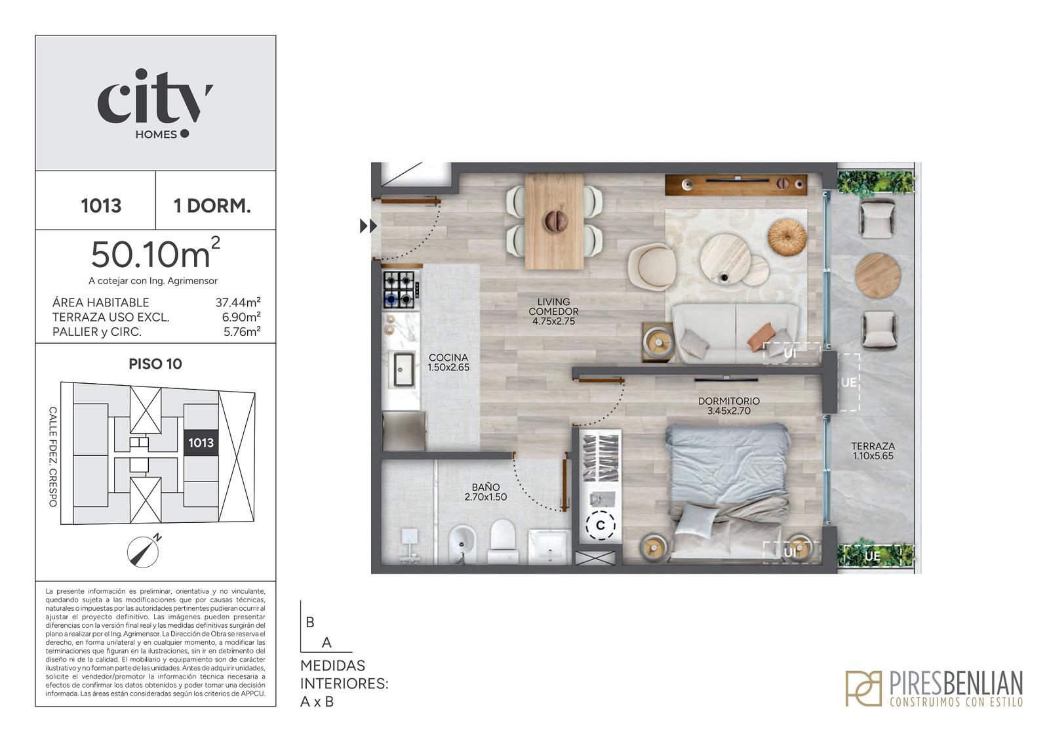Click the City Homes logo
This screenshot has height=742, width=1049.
tap(155, 104)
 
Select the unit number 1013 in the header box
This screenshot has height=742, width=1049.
tap(101, 206)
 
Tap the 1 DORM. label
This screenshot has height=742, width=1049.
tap(212, 206)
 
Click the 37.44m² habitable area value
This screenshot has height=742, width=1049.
tap(238, 302)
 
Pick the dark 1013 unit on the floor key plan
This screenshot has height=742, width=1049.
tap(201, 442)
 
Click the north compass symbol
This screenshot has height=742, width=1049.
tap(144, 550)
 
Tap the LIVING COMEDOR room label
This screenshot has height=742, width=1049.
tap(553, 312)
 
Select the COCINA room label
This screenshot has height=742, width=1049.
tap(448, 362)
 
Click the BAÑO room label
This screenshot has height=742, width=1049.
tap(486, 492)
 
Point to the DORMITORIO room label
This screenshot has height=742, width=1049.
tap(728, 406)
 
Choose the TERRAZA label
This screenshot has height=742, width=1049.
tap(873, 451)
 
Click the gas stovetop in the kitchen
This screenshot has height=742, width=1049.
tap(399, 289)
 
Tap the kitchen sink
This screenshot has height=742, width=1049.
tap(403, 369)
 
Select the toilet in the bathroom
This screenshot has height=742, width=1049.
tap(502, 539)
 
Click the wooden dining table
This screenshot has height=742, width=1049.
tap(555, 221)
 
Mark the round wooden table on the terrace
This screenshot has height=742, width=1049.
tap(878, 276)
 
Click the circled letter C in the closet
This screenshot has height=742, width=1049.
tap(601, 526)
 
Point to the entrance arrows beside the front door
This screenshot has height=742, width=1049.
tap(368, 226)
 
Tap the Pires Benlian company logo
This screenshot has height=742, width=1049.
tap(934, 688)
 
